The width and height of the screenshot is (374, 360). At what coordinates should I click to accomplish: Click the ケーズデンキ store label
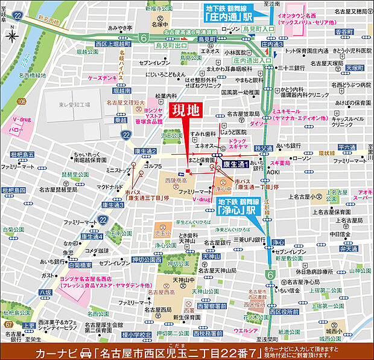click(101, 79)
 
